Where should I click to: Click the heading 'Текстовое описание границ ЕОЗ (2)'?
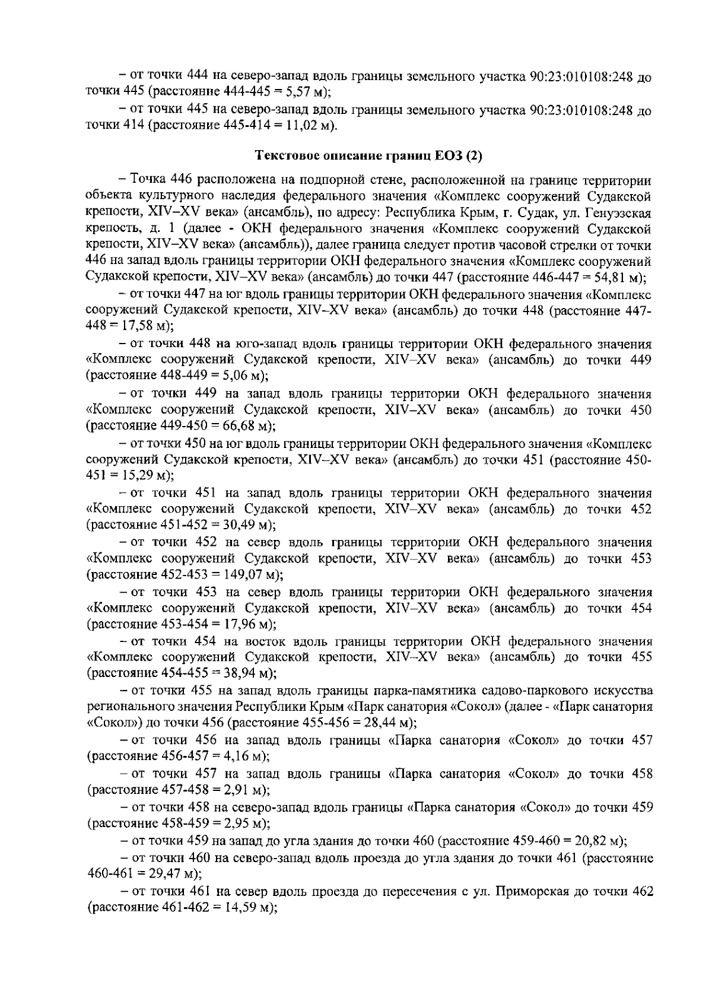coord(368,156)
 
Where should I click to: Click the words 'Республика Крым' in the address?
coord(425,212)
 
